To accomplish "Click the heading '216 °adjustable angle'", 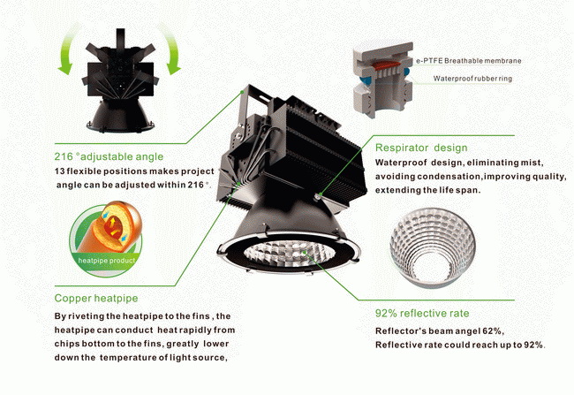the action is pyautogui.click(x=109, y=156).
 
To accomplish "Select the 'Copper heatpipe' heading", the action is pyautogui.click(x=96, y=299).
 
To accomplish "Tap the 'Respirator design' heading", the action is pyautogui.click(x=421, y=148).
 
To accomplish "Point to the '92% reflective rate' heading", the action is pyautogui.click(x=422, y=314).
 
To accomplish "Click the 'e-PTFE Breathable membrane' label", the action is pyautogui.click(x=469, y=61).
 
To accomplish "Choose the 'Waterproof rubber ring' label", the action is pyautogui.click(x=472, y=79).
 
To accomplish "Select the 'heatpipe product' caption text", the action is pyautogui.click(x=107, y=261).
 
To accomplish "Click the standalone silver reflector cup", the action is pyautogui.click(x=433, y=247).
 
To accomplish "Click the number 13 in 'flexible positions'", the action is pyautogui.click(x=59, y=171).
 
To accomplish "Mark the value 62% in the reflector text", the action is pyautogui.click(x=493, y=330).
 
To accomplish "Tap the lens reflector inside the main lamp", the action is pyautogui.click(x=288, y=253).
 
